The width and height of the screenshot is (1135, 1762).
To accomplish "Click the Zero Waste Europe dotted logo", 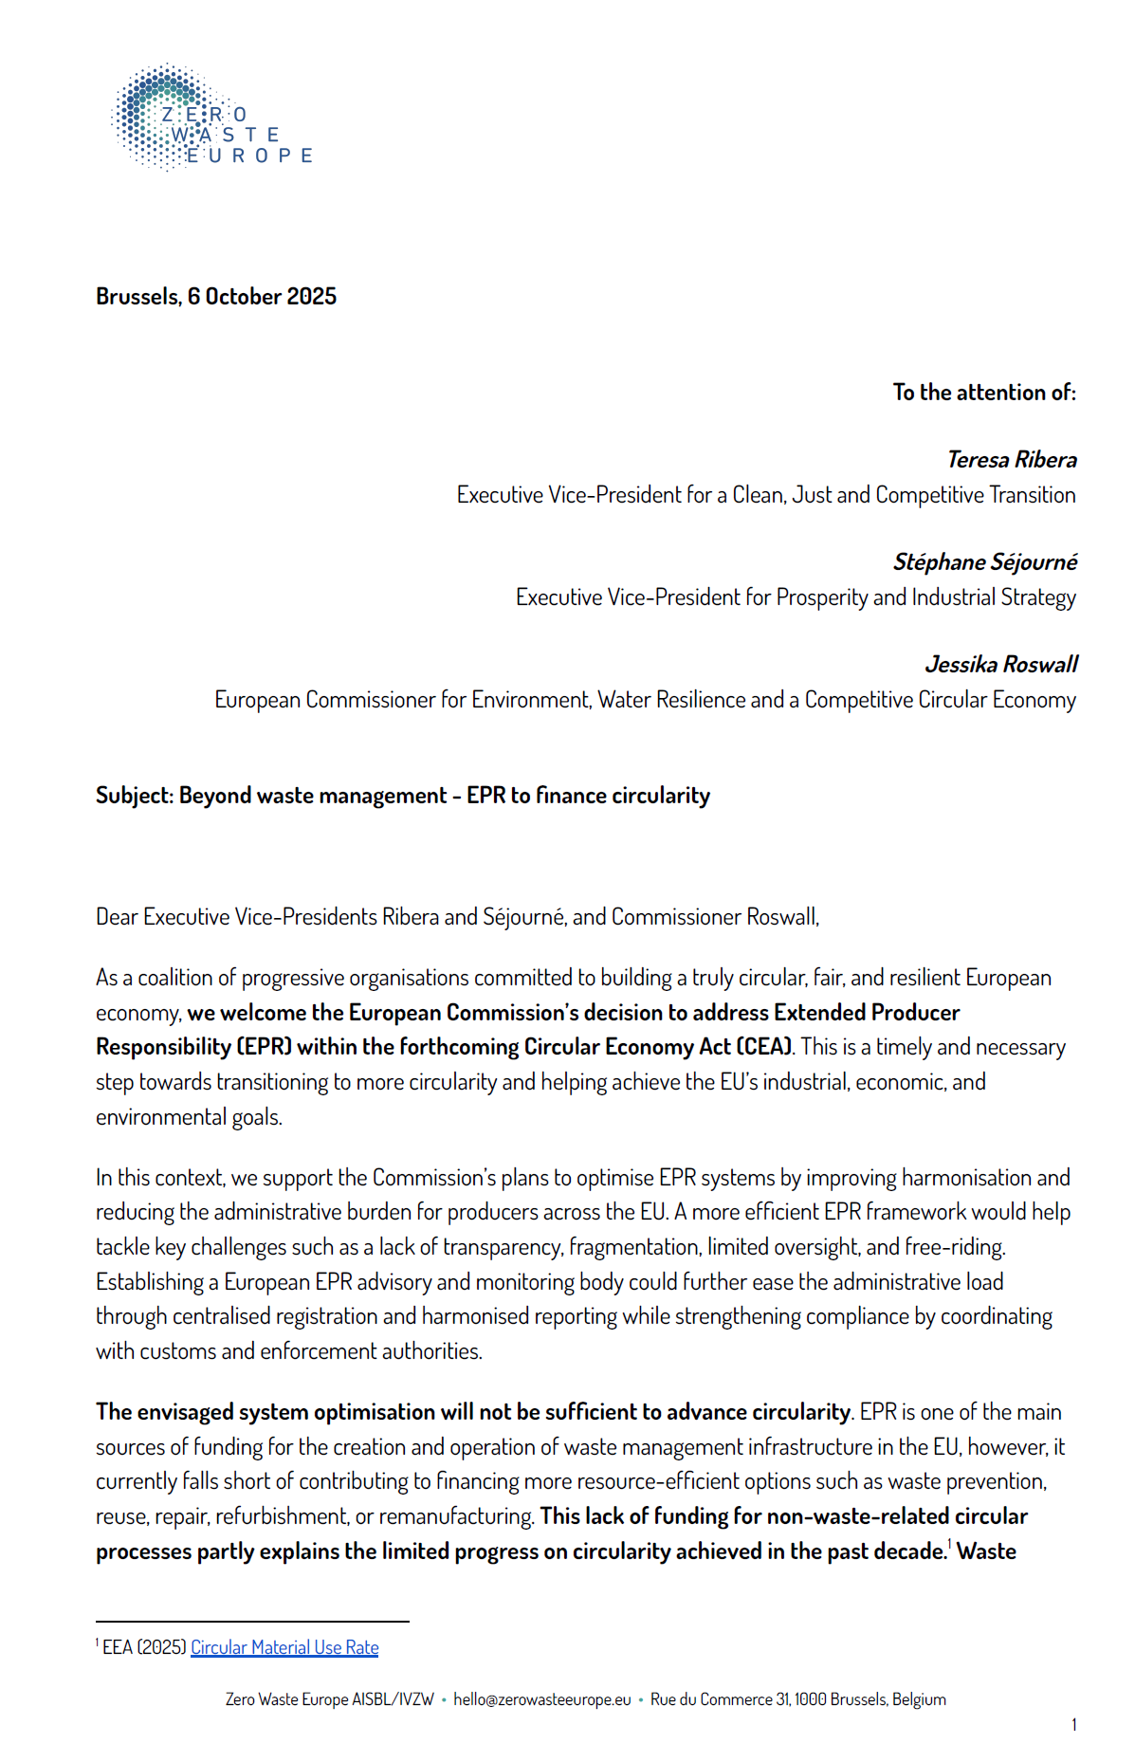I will click(211, 119).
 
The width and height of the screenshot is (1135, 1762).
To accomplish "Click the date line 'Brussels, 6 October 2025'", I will click(216, 297).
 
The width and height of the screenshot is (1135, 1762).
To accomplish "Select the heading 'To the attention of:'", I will click(983, 393).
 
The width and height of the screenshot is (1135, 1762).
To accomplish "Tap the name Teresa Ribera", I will click(1012, 460).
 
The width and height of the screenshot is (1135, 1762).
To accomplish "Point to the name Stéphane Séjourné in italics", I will click(984, 562).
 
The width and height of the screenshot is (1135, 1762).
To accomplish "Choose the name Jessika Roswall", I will click(1000, 665).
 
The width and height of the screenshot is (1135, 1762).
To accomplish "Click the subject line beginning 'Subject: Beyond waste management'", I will click(402, 796).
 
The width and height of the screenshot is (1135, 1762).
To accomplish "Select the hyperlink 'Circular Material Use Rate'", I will click(284, 1647).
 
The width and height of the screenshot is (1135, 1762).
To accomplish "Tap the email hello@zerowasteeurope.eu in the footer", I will click(541, 1699).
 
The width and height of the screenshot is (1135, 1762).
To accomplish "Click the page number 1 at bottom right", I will click(1073, 1724).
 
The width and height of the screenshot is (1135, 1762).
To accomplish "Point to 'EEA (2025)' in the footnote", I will click(144, 1647).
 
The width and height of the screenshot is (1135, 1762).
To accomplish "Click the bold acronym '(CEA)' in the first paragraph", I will click(764, 1047).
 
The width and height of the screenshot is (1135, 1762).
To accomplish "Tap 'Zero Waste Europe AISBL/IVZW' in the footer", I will click(329, 1699).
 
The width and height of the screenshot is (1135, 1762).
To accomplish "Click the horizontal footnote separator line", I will click(252, 1621).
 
